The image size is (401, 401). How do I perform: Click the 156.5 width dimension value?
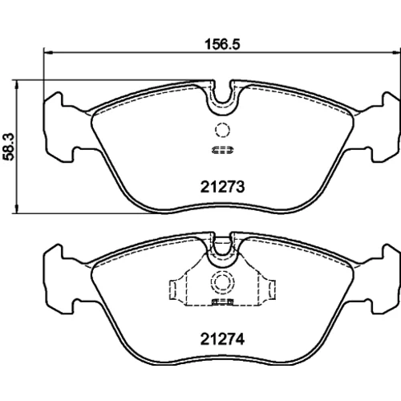pyautogui.click(x=222, y=44)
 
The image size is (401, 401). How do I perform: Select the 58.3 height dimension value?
pyautogui.click(x=8, y=147)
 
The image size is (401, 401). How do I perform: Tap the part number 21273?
pyautogui.click(x=222, y=187)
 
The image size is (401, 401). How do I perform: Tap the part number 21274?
pyautogui.click(x=222, y=339)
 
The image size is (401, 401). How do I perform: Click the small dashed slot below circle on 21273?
pyautogui.click(x=222, y=151)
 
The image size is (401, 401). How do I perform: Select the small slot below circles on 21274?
pyautogui.click(x=222, y=302)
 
